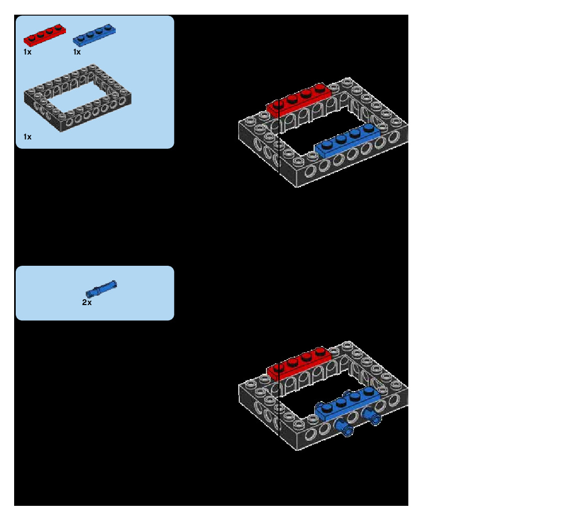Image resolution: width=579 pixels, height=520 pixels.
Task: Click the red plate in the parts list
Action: pyautogui.click(x=45, y=36)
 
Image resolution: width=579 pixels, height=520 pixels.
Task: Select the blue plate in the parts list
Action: pyautogui.click(x=95, y=36)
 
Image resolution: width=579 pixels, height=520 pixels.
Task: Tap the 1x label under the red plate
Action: pyautogui.click(x=27, y=52)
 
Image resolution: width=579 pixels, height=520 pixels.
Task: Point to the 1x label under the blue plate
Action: pyautogui.click(x=77, y=52)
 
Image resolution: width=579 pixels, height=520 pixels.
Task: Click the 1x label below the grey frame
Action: pyautogui.click(x=27, y=137)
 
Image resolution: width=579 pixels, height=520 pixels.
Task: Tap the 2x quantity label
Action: pyautogui.click(x=87, y=302)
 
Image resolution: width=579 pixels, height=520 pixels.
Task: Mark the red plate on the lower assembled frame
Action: pyautogui.click(x=298, y=363)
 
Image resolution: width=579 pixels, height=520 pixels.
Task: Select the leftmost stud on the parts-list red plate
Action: pyautogui.click(x=29, y=36)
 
